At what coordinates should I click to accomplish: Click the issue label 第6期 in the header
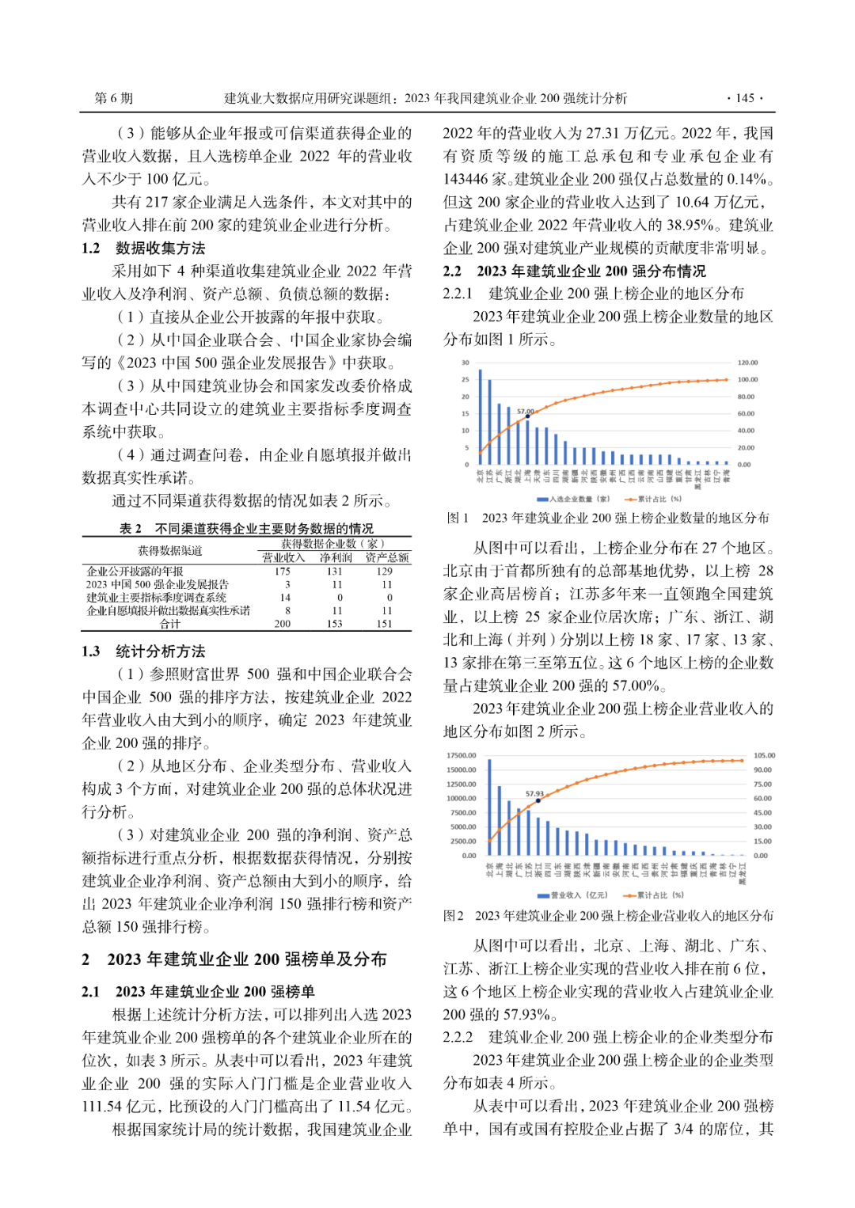point(114,98)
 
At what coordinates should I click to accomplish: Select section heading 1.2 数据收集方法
point(143,248)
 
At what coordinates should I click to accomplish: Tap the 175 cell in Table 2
point(283,571)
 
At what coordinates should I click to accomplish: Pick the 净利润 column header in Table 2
point(336,558)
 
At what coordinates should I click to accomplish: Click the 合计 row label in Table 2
point(170,624)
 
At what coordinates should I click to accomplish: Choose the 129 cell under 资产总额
point(385,571)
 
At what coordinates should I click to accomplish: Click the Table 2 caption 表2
point(131,528)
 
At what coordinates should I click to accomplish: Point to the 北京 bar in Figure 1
point(480,417)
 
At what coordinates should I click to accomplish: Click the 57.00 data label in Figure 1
point(525,412)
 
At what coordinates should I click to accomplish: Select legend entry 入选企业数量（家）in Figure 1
point(579,500)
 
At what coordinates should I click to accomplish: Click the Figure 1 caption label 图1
point(458,518)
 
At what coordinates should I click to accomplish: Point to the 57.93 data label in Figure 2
point(534,793)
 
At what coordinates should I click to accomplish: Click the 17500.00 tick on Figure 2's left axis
point(462,755)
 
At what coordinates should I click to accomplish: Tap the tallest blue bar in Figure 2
point(489,807)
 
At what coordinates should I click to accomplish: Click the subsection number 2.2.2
point(458,1037)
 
